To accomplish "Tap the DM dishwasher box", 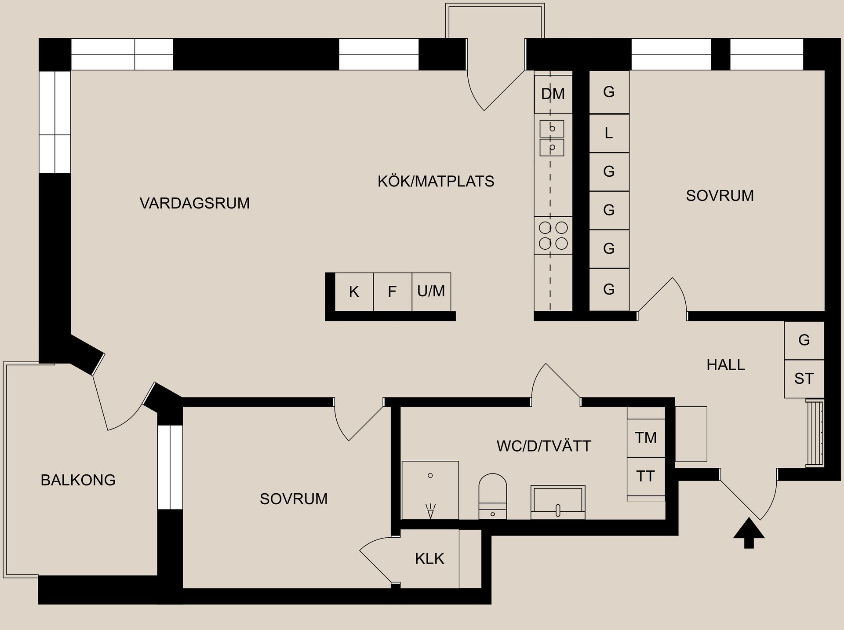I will tap(553, 94).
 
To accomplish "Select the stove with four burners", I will tap(553, 235).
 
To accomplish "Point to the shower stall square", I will tap(430, 490).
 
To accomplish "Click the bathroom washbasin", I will tap(558, 502).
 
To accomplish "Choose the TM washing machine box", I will tap(646, 438).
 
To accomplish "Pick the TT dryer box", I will tap(646, 476).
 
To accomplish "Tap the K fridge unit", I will tap(354, 291).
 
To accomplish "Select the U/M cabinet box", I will tap(431, 291).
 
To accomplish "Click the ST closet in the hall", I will tap(804, 379).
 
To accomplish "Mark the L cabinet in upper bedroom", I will tap(609, 133).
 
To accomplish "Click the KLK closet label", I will tap(429, 559).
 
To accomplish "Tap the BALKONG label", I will tap(78, 480).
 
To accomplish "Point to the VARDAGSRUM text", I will tap(194, 203).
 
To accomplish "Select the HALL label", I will tap(726, 365).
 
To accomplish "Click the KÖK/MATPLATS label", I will tap(436, 181).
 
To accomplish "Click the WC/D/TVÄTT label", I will tap(544, 446).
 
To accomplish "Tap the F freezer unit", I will tap(392, 291).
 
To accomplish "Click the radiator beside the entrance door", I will tap(815, 433).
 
